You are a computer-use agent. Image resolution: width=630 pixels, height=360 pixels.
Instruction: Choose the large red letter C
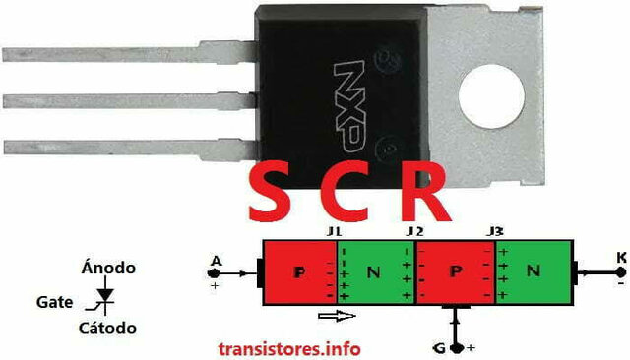(349, 195)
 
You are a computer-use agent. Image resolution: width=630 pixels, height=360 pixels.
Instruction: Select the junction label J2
(414, 231)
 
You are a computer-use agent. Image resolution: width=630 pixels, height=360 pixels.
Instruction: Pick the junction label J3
(494, 231)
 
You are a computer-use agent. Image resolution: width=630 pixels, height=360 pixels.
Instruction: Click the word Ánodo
(108, 268)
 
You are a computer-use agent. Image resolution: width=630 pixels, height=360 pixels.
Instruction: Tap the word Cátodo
(109, 328)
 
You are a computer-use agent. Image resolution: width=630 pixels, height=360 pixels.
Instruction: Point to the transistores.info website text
(288, 348)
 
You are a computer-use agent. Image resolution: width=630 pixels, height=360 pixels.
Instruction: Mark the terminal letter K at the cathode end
(620, 258)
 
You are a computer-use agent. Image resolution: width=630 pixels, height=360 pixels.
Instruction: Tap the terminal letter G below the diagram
(439, 347)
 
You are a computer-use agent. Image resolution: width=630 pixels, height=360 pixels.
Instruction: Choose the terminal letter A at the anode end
(215, 263)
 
